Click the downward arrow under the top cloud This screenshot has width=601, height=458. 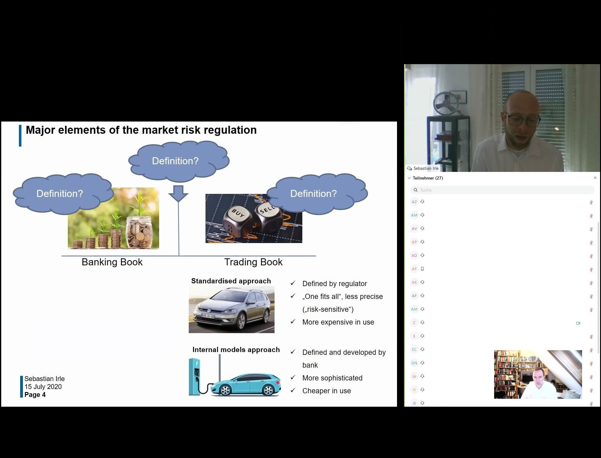178,193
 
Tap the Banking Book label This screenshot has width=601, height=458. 112,262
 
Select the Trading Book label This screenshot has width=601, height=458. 253,262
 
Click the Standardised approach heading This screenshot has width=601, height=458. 231,281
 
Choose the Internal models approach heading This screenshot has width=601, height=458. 236,350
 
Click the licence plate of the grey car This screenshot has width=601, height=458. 208,316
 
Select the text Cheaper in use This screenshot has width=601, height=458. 326,391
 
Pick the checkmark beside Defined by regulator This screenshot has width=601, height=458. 293,283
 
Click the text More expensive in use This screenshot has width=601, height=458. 338,322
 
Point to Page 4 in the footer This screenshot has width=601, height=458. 35,394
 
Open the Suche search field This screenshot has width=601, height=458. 502,190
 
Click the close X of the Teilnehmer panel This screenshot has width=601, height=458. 595,178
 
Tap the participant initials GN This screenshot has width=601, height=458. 414,363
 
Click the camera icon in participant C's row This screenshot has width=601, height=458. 578,323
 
